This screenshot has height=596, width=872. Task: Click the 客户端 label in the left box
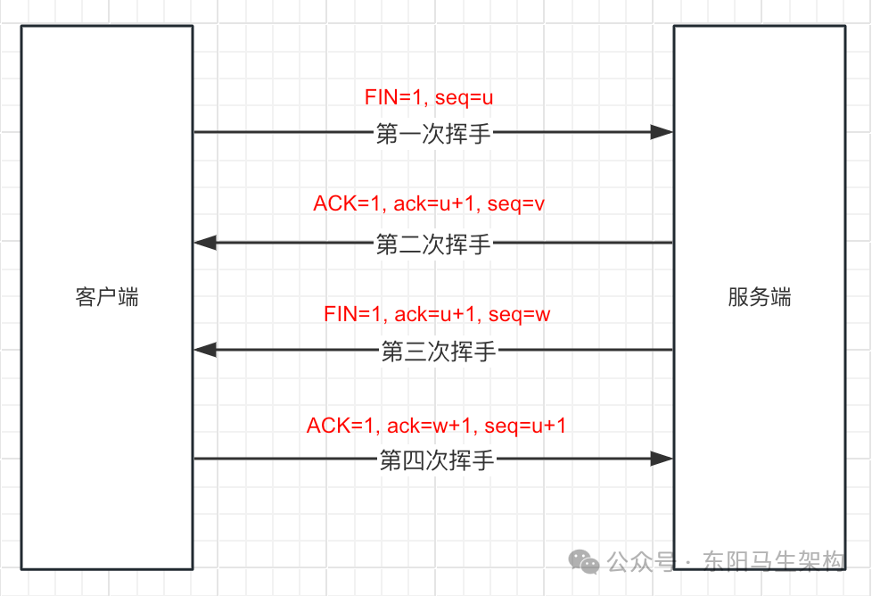107,297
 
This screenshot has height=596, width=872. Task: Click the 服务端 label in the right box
759,297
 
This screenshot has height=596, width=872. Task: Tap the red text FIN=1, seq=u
429,97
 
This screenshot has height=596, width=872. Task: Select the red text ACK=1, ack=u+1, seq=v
429,204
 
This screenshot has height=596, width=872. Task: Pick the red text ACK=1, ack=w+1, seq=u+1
436,426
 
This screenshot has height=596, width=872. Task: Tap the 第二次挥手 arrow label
433,244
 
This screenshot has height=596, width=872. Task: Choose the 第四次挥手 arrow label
437,460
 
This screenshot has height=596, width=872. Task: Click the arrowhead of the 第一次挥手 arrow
662,132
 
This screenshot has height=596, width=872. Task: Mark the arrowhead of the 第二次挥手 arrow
205,242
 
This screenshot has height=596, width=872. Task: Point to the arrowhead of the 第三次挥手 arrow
205,350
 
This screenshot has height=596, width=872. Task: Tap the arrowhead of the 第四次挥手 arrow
662,459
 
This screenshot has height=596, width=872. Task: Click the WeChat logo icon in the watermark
585,562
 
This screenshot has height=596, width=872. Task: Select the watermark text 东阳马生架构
773,561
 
